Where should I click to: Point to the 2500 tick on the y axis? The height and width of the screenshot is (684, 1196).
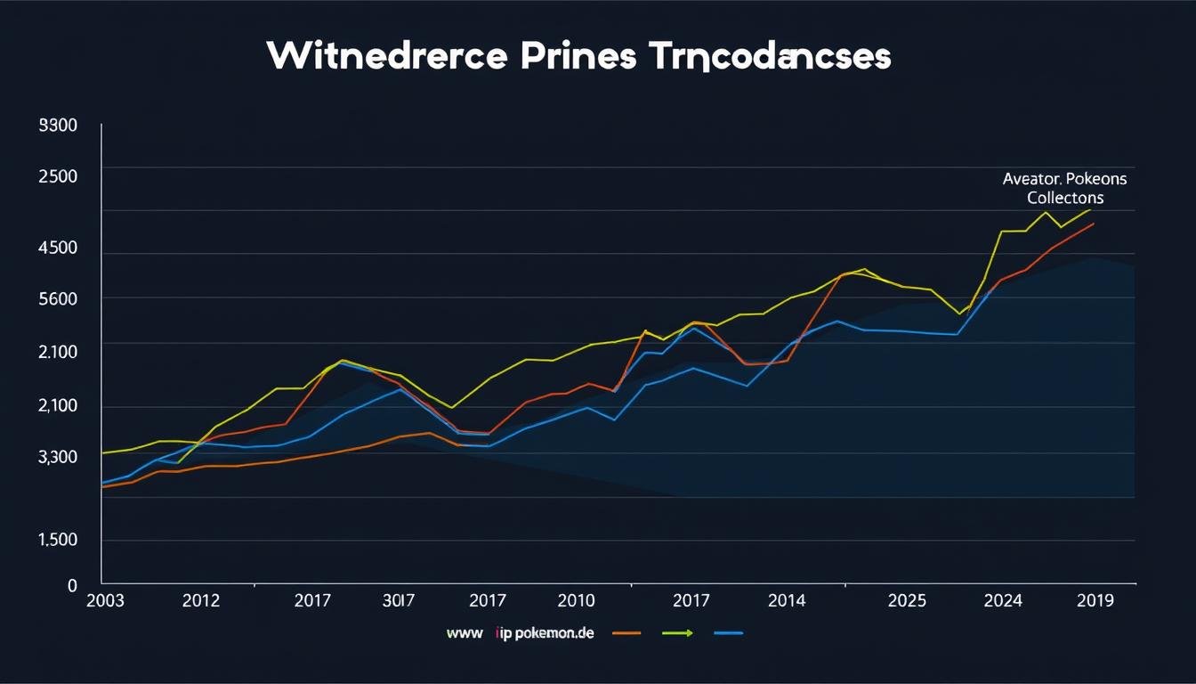point(58,175)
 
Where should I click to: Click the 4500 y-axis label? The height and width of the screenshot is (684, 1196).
point(58,248)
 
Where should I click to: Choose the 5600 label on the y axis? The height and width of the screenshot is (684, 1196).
point(58,299)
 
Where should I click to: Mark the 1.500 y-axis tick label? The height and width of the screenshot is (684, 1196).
point(58,540)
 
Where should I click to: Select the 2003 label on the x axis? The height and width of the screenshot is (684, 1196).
point(107,600)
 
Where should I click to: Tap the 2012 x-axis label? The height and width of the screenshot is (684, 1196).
point(200,600)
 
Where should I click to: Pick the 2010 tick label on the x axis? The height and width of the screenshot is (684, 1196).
point(576,600)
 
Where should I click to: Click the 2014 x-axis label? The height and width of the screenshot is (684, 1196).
point(787,600)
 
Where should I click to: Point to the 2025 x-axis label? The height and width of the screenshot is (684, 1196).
point(907,600)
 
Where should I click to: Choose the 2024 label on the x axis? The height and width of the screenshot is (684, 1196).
point(1002,600)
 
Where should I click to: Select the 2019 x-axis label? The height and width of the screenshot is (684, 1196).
point(1095,600)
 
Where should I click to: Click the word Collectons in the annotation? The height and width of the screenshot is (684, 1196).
point(1065,198)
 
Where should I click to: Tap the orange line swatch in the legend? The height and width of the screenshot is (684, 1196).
point(627,633)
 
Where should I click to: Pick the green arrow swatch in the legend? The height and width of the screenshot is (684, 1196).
point(678,633)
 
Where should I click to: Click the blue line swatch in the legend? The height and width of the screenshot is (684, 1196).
point(728,633)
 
